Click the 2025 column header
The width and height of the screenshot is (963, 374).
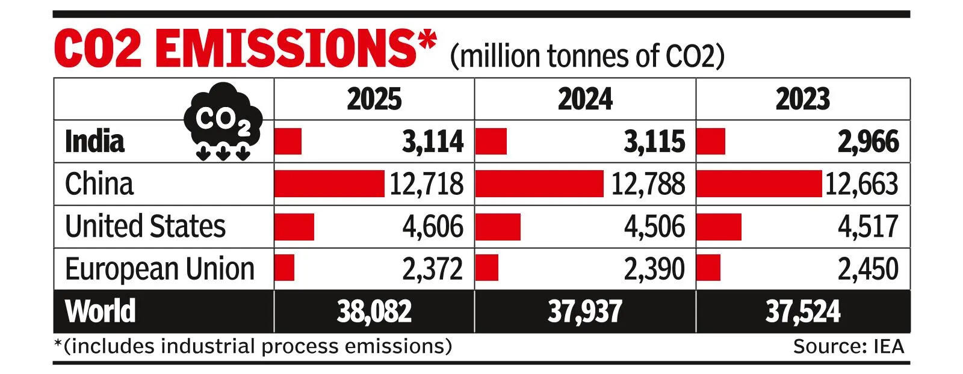pyautogui.click(x=374, y=99)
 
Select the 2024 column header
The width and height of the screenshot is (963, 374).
pyautogui.click(x=584, y=99)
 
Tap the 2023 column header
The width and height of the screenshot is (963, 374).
pyautogui.click(x=802, y=99)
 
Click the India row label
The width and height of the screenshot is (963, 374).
pyautogui.click(x=94, y=141)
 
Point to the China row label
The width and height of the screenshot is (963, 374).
pyautogui.click(x=99, y=183)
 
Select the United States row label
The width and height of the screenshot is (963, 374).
pyautogui.click(x=145, y=226)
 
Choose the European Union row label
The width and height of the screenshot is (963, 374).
pyautogui.click(x=159, y=269)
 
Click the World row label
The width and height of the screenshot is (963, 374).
pyautogui.click(x=101, y=311)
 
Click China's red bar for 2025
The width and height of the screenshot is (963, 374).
pyautogui.click(x=329, y=183)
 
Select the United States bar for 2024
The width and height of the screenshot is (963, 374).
pyautogui.click(x=498, y=226)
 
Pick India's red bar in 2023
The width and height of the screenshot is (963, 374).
pyautogui.click(x=710, y=141)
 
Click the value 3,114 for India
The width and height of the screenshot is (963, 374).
pyautogui.click(x=433, y=141)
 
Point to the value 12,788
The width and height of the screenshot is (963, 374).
pyautogui.click(x=648, y=183)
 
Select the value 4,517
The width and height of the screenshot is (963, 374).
pyautogui.click(x=868, y=226)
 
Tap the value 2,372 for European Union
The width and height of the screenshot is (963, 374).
pyautogui.click(x=433, y=269)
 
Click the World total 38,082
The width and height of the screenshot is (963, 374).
pyautogui.click(x=374, y=311)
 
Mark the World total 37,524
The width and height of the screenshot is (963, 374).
pyautogui.click(x=802, y=311)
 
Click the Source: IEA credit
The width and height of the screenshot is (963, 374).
pyautogui.click(x=848, y=347)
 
